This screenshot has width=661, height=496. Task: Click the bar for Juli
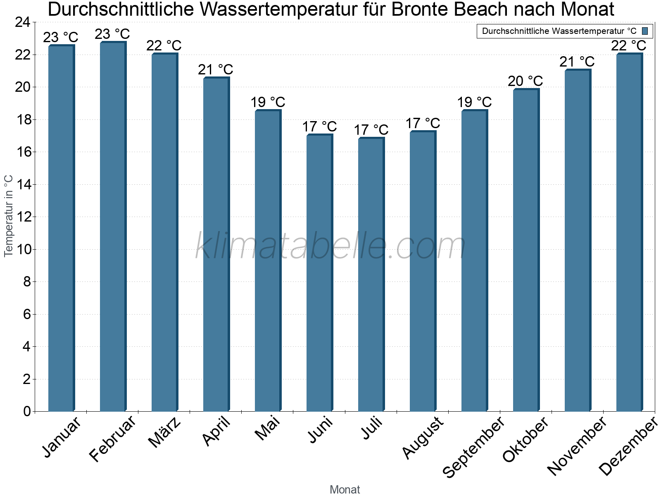click(x=371, y=274)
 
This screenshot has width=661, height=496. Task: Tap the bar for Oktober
click(x=526, y=250)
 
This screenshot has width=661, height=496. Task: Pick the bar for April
click(x=216, y=244)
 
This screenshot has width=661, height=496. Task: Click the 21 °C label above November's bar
click(x=577, y=62)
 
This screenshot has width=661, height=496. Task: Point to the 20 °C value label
click(x=525, y=81)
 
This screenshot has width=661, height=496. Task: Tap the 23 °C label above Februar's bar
click(x=112, y=34)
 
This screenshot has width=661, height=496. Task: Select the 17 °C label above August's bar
click(x=423, y=124)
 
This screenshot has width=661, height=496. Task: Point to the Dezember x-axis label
click(x=628, y=446)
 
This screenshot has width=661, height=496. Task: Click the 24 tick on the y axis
click(x=23, y=22)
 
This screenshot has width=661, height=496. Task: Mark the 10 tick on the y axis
click(x=23, y=249)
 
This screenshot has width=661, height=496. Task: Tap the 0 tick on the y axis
click(x=27, y=411)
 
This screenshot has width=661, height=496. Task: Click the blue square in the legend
click(x=645, y=31)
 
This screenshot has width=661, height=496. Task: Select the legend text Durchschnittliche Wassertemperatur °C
click(x=559, y=31)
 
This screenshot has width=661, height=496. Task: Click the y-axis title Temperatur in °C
click(x=9, y=216)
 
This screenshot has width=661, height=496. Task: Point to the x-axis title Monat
click(x=345, y=489)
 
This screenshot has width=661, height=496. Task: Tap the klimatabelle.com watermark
click(x=330, y=246)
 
